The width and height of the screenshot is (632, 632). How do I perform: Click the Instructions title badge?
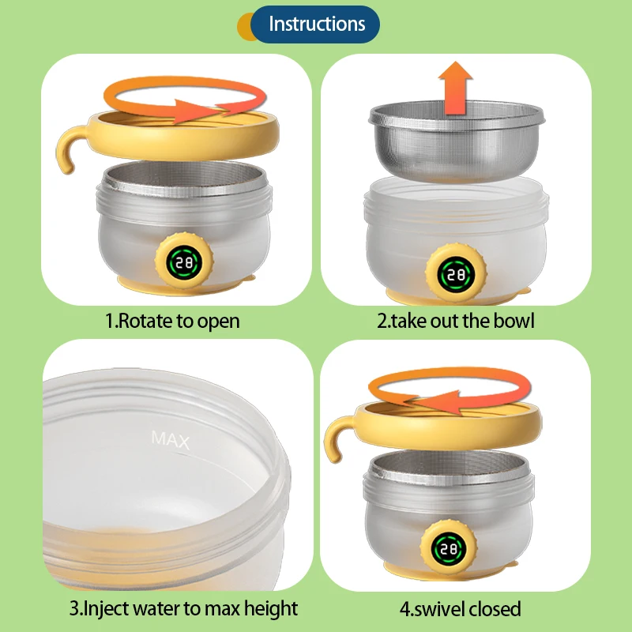[314, 24]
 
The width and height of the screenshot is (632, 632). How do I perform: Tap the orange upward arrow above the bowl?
[456, 88]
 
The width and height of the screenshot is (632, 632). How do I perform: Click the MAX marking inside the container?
[170, 440]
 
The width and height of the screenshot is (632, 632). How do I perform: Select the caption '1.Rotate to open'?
[172, 322]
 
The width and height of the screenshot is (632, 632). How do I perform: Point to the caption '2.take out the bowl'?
[456, 322]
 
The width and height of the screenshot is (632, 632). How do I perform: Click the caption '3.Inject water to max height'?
[183, 608]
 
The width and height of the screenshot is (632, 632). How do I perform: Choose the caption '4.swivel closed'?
[461, 609]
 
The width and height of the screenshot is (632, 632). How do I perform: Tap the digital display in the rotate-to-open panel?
[184, 263]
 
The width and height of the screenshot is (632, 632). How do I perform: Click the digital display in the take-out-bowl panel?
[457, 275]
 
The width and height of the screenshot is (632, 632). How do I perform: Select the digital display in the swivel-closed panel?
[448, 549]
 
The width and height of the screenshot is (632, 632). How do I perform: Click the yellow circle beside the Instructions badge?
[245, 27]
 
